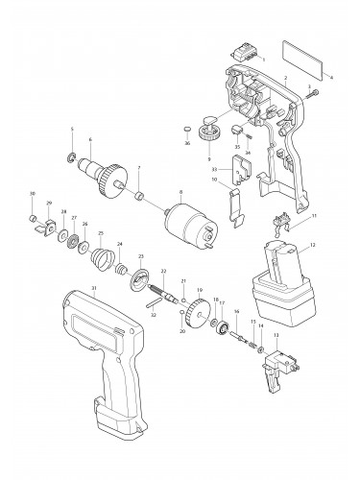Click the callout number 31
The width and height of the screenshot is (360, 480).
93,289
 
